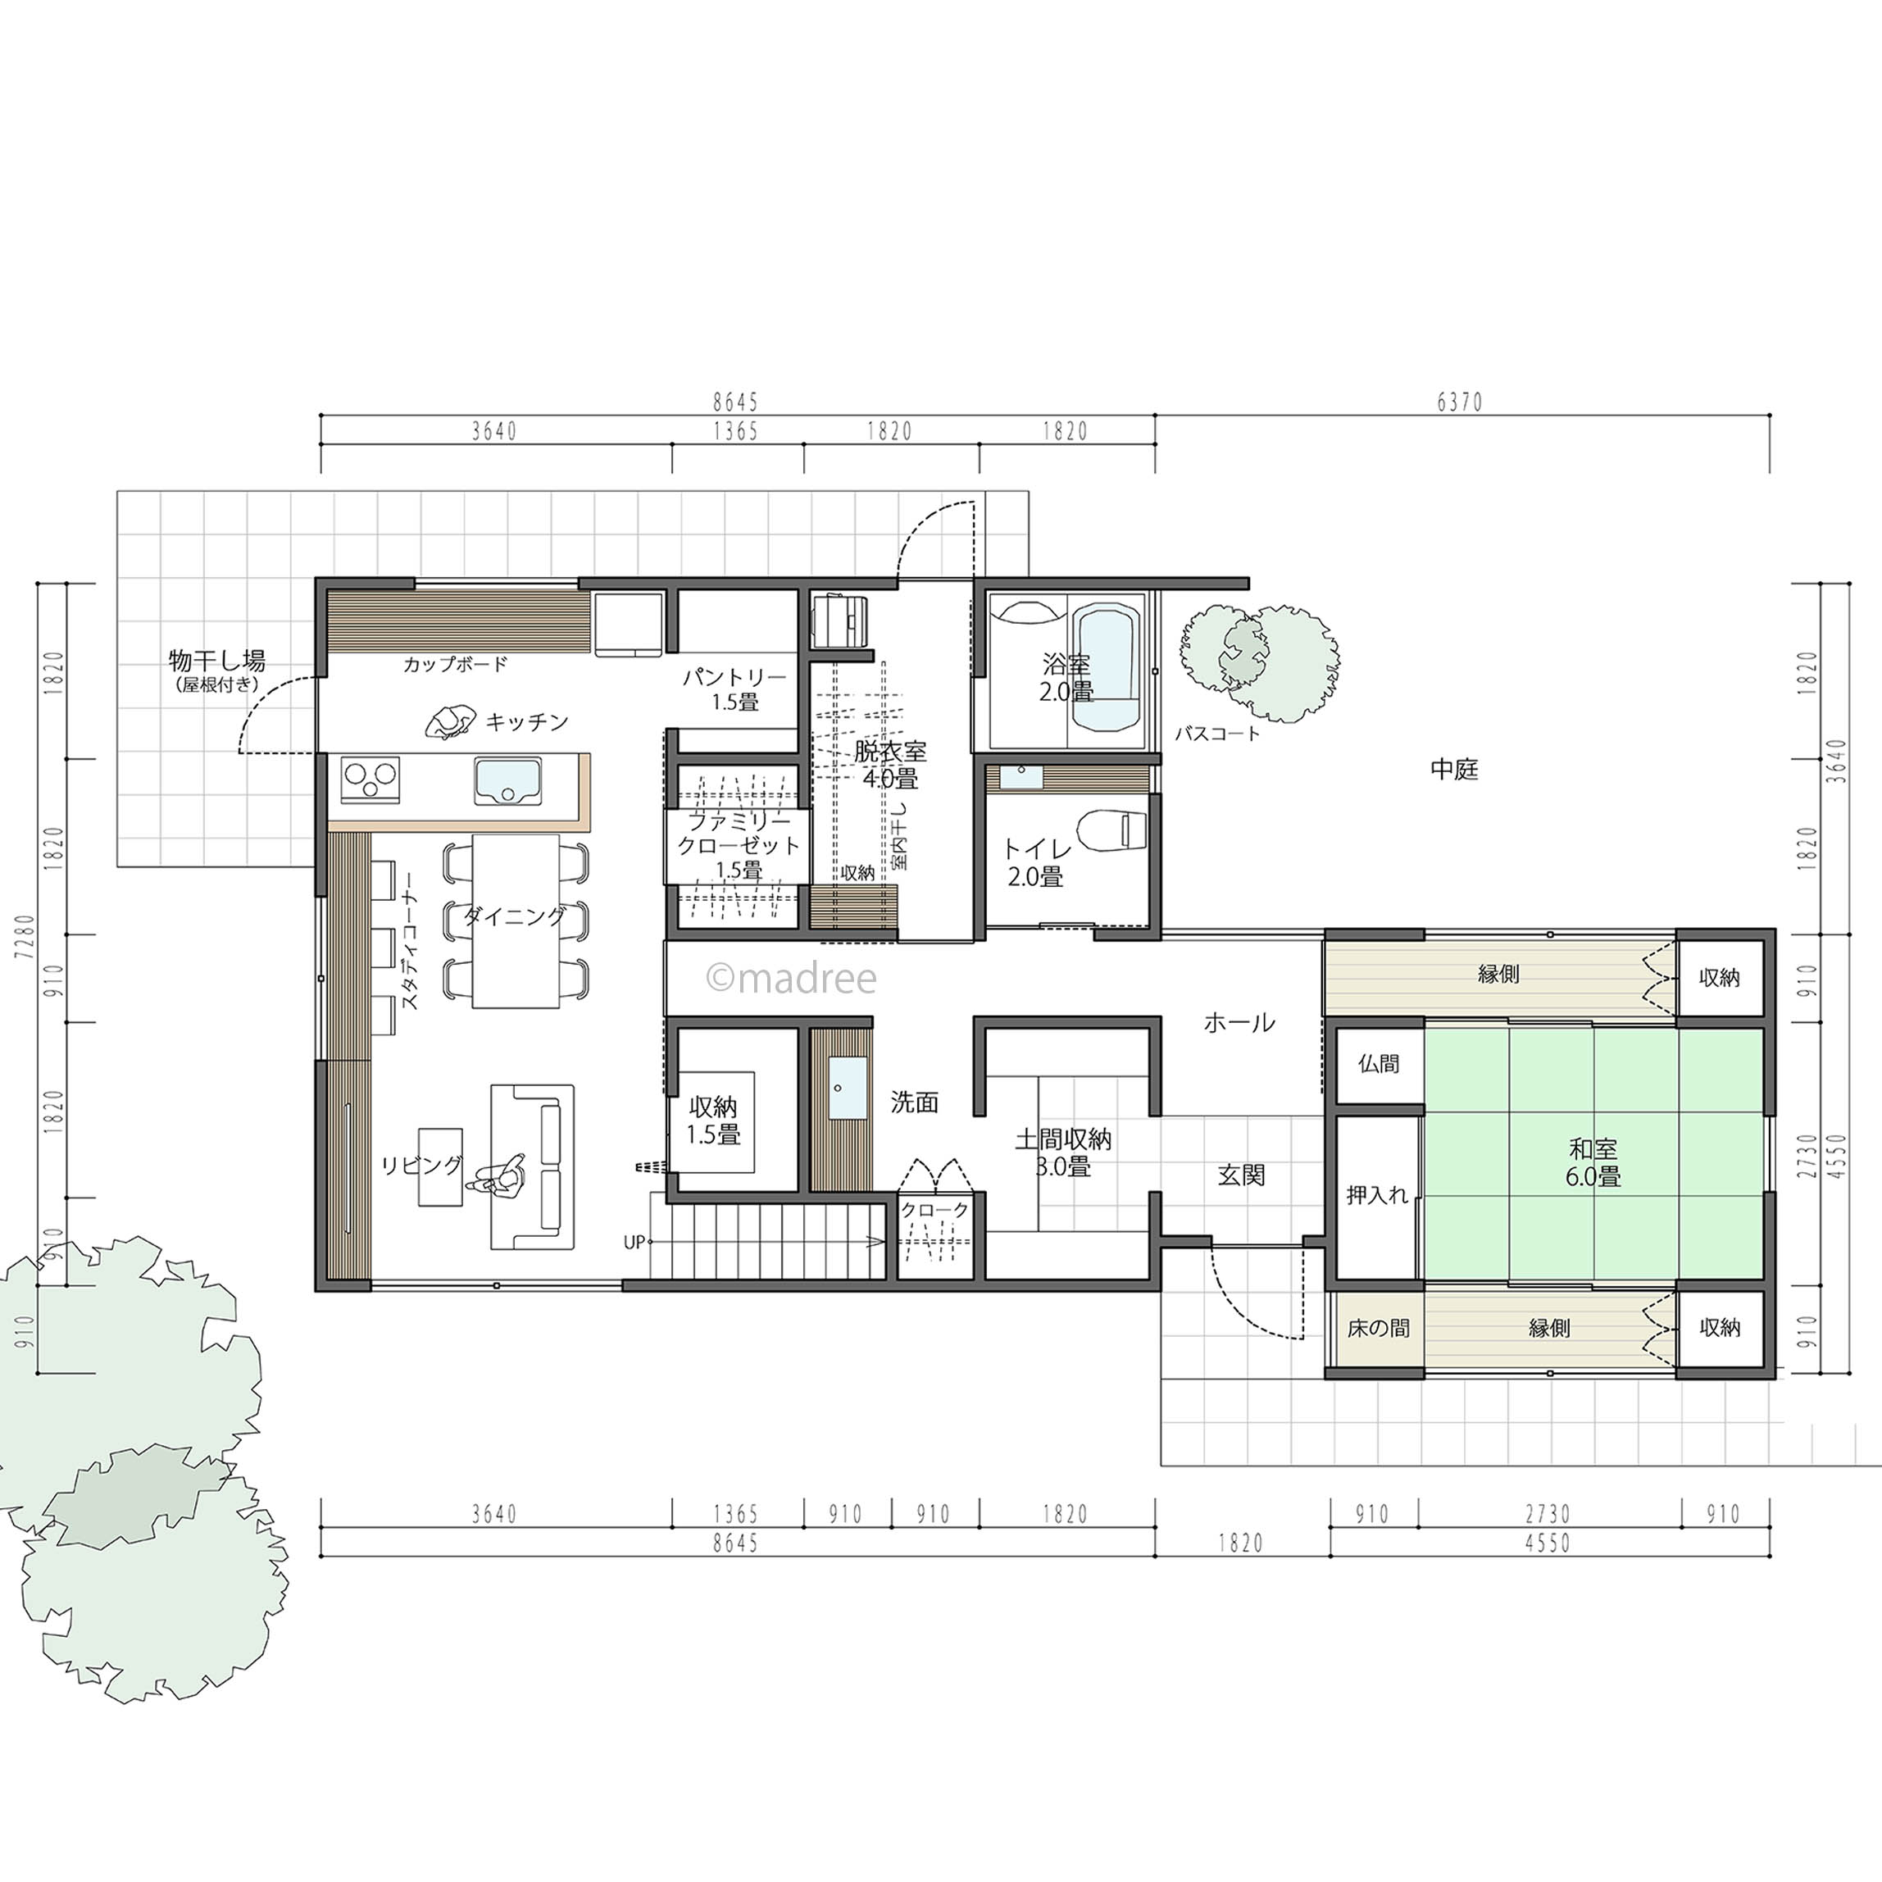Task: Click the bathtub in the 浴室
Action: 1107,666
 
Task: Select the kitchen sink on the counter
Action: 508,781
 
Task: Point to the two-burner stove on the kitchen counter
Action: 370,779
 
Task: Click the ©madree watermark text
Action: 791,978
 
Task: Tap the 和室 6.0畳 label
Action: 1593,1163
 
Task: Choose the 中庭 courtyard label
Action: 1454,770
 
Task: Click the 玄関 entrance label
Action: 1242,1175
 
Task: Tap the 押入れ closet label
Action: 1377,1194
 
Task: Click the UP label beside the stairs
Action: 634,1243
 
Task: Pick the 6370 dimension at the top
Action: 1459,402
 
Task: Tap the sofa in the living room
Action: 533,1166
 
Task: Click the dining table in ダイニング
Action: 516,921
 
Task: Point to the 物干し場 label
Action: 216,661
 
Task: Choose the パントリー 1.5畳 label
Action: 734,689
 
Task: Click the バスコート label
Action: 1218,734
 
